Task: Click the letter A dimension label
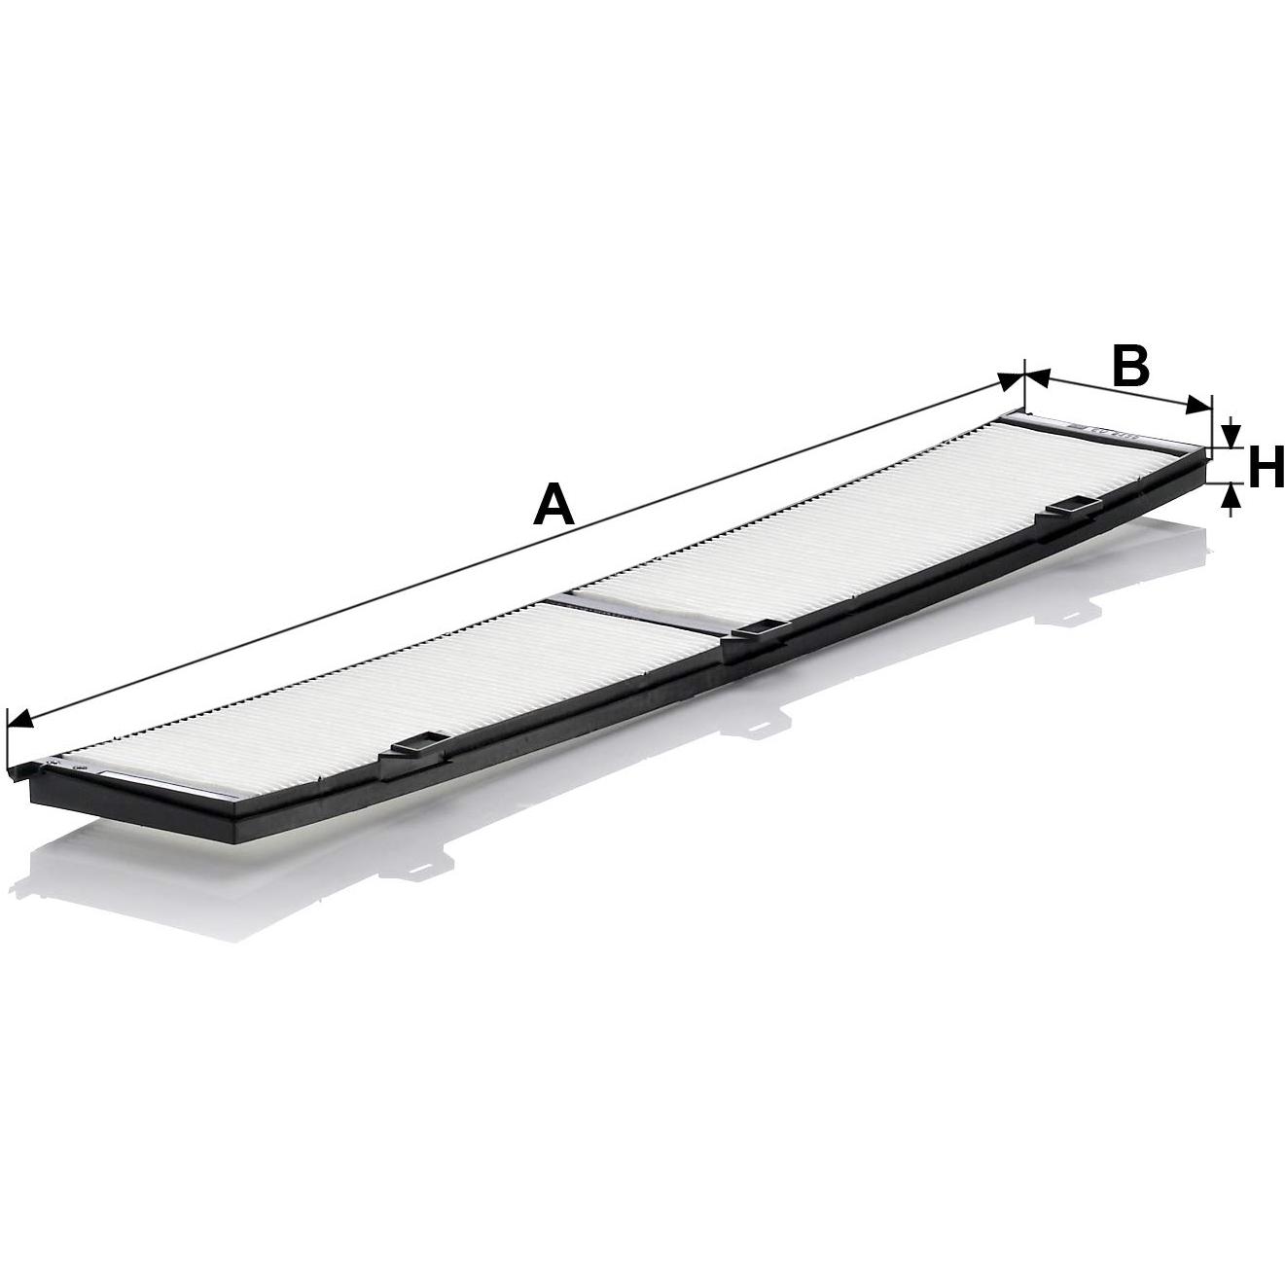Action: tap(553, 505)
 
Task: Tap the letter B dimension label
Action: tap(1129, 367)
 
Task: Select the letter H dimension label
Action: tap(1265, 468)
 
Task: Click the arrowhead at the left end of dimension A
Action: tap(19, 720)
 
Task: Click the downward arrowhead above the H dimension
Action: tap(1231, 435)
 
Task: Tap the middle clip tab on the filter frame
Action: tap(760, 631)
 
